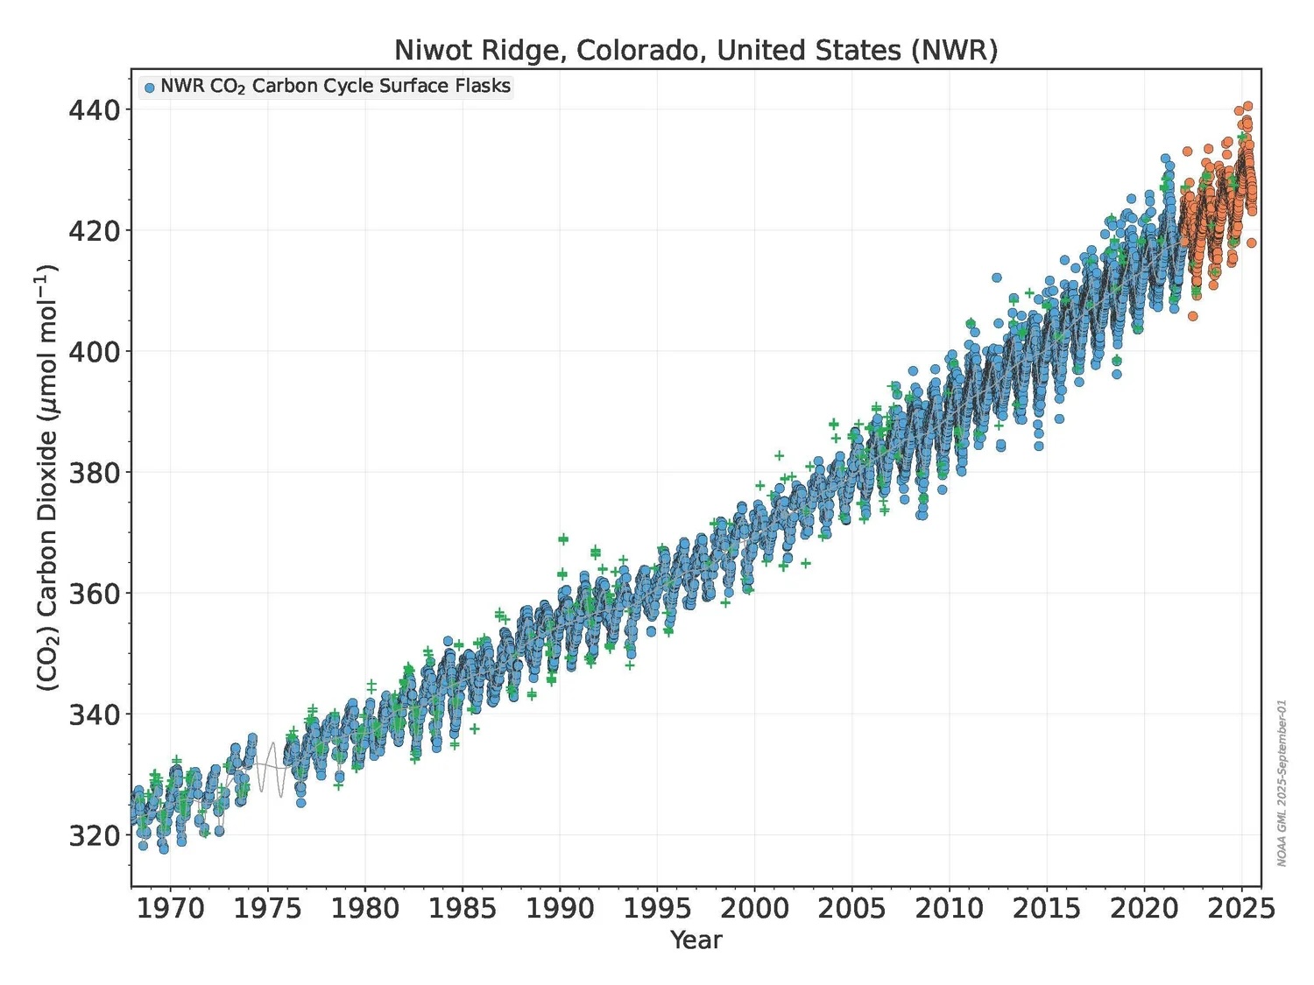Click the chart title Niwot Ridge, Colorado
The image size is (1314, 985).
point(696,50)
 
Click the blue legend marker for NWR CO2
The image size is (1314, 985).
point(150,88)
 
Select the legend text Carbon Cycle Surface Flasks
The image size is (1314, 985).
point(381,86)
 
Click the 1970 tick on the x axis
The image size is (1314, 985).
point(170,908)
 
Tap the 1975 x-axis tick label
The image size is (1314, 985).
point(267,908)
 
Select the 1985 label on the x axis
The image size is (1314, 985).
point(463,908)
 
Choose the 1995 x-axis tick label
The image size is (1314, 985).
point(657,908)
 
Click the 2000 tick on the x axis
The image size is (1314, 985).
point(754,908)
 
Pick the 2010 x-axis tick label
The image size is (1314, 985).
point(950,908)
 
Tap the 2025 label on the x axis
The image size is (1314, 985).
point(1241,908)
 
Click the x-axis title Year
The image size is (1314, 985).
point(696,940)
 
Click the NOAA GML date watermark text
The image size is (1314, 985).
point(1282,783)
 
